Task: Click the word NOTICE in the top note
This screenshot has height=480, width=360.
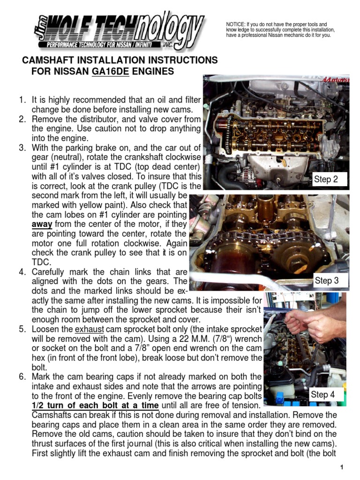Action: (236, 24)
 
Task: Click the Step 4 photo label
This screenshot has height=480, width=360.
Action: (322, 395)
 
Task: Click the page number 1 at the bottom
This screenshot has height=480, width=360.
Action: (343, 468)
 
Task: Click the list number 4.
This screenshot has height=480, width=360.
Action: (22, 272)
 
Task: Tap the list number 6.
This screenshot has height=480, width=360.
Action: (22, 377)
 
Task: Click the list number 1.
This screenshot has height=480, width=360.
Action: (21, 100)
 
